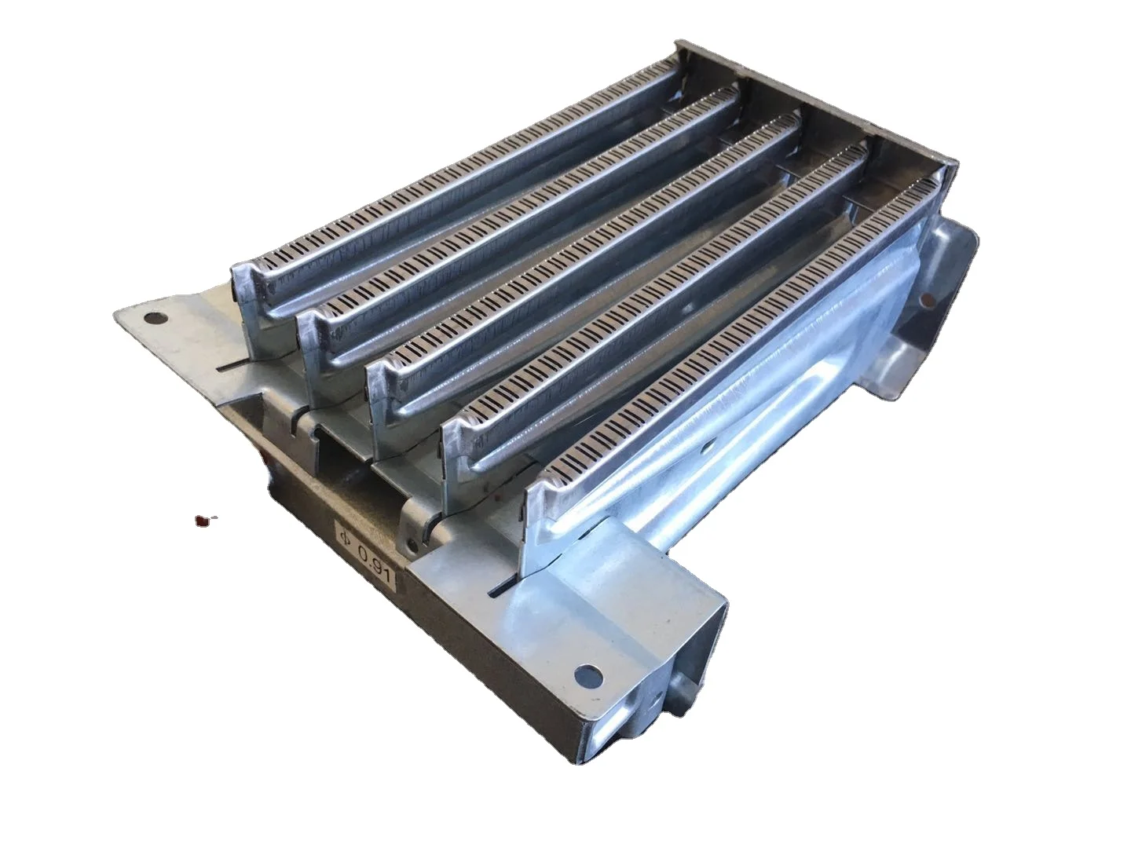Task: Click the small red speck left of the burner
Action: [x=203, y=519]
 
